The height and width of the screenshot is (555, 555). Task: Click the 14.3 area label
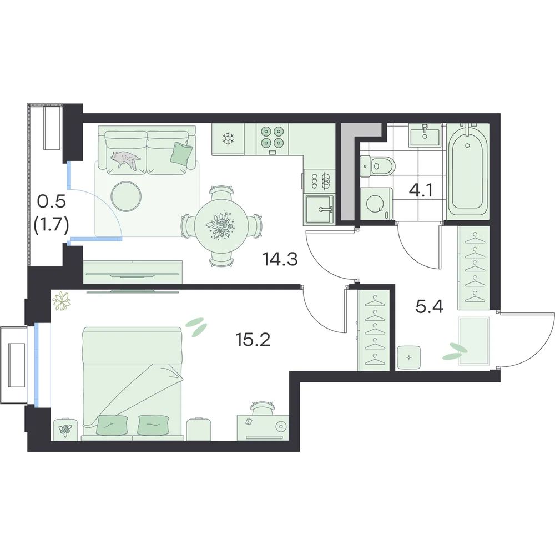pyautogui.click(x=280, y=259)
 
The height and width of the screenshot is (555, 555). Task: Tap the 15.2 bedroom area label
pyautogui.click(x=253, y=340)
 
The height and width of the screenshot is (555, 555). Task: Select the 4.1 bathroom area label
pyautogui.click(x=421, y=190)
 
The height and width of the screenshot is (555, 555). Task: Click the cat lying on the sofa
pyautogui.click(x=125, y=159)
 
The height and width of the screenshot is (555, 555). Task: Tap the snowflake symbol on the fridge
pyautogui.click(x=228, y=138)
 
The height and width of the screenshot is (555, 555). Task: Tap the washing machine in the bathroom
pyautogui.click(x=377, y=204)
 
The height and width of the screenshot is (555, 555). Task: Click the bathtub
pyautogui.click(x=467, y=171)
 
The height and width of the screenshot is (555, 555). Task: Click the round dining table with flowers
pyautogui.click(x=220, y=226)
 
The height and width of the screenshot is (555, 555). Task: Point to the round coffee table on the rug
pyautogui.click(x=125, y=197)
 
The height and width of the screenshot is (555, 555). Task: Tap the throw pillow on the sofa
pyautogui.click(x=182, y=153)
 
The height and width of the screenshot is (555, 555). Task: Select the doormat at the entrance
pyautogui.click(x=473, y=341)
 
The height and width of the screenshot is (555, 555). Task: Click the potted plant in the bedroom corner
pyautogui.click(x=62, y=301)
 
